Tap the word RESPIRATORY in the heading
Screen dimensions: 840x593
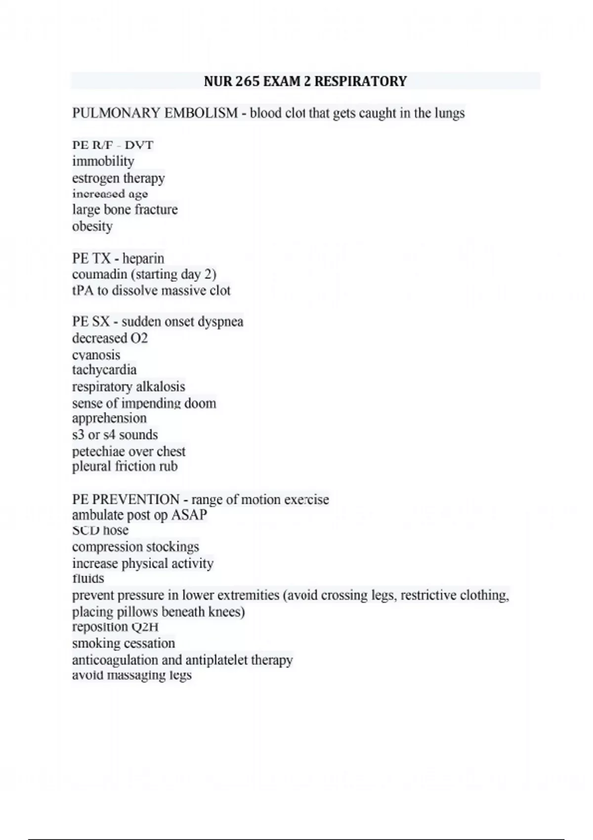(x=360, y=81)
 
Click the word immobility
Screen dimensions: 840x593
(x=103, y=161)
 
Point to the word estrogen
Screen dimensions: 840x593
(x=94, y=178)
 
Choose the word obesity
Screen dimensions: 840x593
(x=92, y=226)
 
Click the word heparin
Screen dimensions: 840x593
(x=143, y=258)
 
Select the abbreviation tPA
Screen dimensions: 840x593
(x=83, y=291)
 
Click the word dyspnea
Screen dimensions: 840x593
(x=220, y=322)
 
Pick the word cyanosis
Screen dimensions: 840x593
(x=96, y=355)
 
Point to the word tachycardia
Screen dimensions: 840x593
(x=104, y=370)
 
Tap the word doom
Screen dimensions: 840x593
(x=200, y=403)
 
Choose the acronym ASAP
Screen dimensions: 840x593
(x=189, y=515)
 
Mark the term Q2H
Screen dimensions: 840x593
(x=144, y=627)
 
